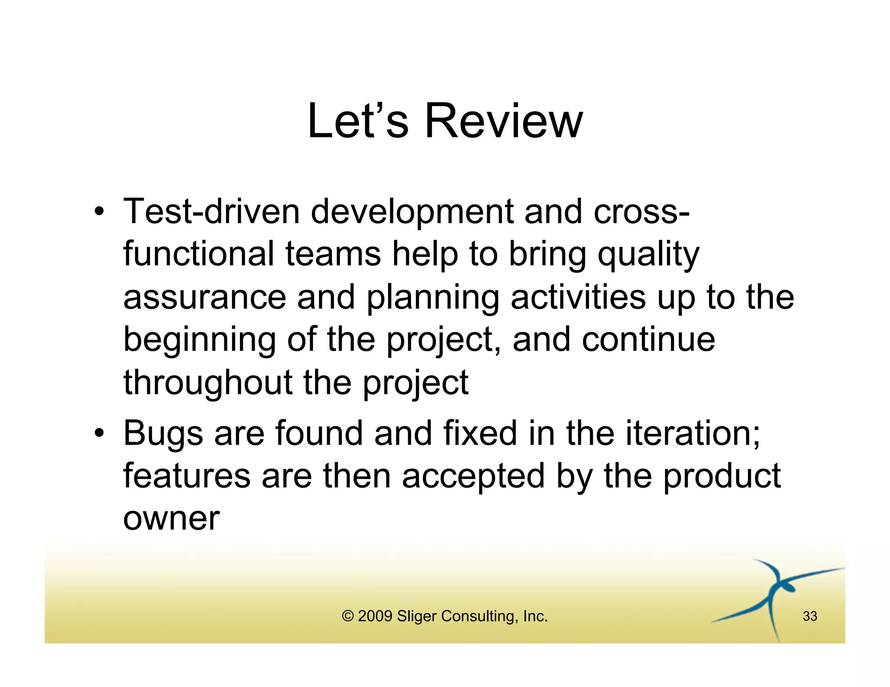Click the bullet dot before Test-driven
(x=100, y=212)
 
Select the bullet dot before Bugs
(x=100, y=433)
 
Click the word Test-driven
(x=212, y=212)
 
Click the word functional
(x=199, y=254)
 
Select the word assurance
(x=205, y=298)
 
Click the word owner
(x=171, y=519)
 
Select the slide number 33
(x=810, y=616)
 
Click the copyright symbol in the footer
(x=348, y=616)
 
